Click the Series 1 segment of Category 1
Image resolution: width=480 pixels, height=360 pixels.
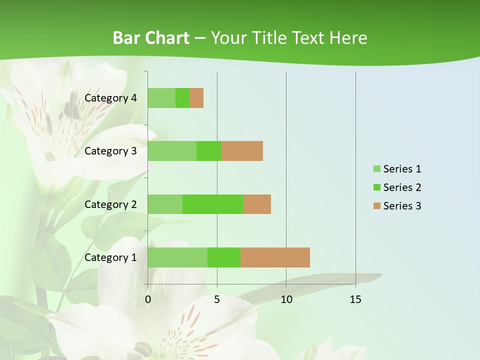tap(177, 257)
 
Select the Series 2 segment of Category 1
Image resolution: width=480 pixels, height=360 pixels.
tap(224, 257)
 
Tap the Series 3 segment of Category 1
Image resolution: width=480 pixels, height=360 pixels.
tap(275, 257)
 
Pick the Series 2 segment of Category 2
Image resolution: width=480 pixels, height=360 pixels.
tap(213, 204)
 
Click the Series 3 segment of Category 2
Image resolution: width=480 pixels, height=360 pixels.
tap(257, 204)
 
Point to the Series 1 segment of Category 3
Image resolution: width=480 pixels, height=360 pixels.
tap(172, 151)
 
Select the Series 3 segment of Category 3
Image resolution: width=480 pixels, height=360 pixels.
tap(242, 151)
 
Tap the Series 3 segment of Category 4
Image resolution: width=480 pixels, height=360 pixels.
tap(196, 98)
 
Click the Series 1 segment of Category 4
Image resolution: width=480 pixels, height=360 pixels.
tap(161, 98)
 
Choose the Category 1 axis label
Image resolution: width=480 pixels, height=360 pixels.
tap(110, 257)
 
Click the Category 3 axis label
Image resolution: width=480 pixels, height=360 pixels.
tap(110, 151)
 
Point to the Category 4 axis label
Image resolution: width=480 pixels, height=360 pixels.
tap(110, 98)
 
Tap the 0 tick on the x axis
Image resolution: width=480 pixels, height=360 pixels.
tap(148, 299)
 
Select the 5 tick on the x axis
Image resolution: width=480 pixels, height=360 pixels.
tap(217, 299)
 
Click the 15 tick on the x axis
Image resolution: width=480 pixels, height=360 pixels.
tap(355, 299)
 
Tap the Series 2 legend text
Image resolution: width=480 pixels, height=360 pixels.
tap(402, 187)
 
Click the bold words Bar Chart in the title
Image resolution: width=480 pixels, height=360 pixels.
tap(151, 38)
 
